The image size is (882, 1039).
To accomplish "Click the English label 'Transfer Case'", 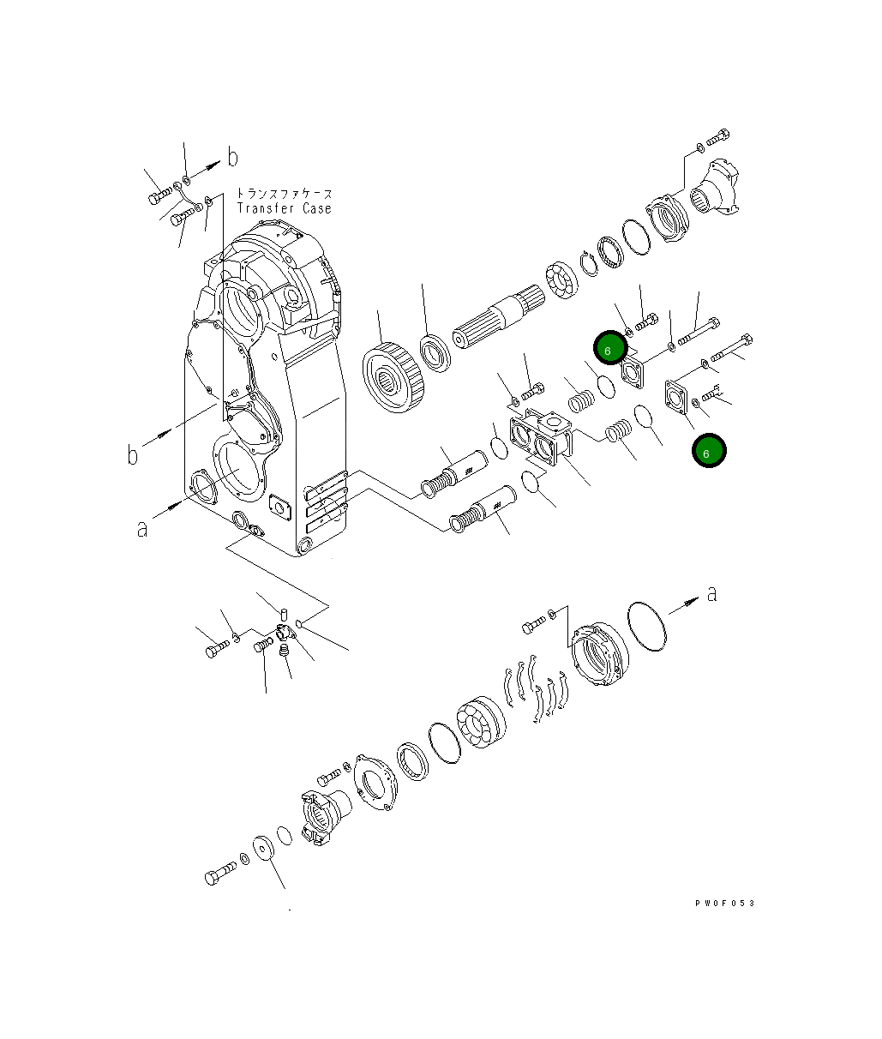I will pyautogui.click(x=284, y=208).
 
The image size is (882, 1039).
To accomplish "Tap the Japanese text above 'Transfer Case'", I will pyautogui.click(x=284, y=194).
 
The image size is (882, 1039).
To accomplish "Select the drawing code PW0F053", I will pyautogui.click(x=725, y=903).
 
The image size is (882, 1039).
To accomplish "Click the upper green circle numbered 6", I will pyautogui.click(x=609, y=350).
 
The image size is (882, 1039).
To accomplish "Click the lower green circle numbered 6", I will pyautogui.click(x=708, y=451).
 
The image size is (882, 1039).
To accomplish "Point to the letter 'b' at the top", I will pyautogui.click(x=231, y=157).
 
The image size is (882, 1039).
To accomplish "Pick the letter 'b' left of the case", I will pyautogui.click(x=133, y=453).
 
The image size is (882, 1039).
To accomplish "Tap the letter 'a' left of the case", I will pyautogui.click(x=142, y=529).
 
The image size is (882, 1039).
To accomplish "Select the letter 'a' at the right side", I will pyautogui.click(x=711, y=592).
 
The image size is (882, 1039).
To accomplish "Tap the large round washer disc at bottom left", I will pyautogui.click(x=265, y=847).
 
